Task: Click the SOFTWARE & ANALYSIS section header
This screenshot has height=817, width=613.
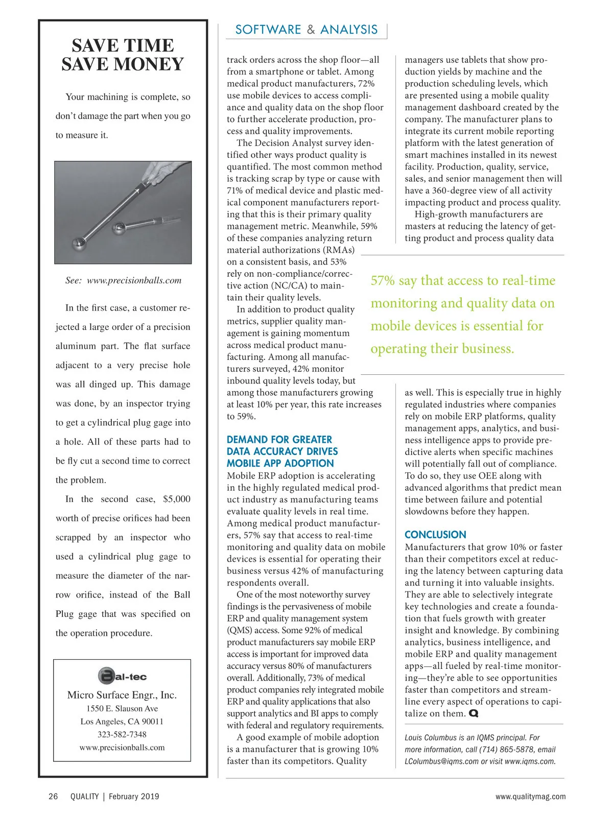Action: [x=306, y=30]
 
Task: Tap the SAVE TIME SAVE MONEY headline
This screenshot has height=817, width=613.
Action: [x=123, y=55]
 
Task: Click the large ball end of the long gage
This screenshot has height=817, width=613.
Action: [x=81, y=245]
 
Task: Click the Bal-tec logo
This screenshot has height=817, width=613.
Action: [x=122, y=676]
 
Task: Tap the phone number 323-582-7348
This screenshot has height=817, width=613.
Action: [x=122, y=734]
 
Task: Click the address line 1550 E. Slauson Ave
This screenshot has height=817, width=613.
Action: [x=122, y=709]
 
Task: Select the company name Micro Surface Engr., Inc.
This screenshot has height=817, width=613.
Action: [x=122, y=695]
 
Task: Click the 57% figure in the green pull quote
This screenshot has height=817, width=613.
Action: [x=383, y=281]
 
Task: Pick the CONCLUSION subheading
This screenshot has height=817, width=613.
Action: [x=435, y=535]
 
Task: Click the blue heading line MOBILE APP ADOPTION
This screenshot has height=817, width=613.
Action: [x=280, y=463]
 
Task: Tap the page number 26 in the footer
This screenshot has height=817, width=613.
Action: [x=53, y=797]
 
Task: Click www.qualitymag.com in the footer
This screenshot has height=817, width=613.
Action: [x=530, y=797]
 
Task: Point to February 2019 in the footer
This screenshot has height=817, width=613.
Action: [x=134, y=797]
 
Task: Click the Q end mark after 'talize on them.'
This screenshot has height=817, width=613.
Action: [x=474, y=713]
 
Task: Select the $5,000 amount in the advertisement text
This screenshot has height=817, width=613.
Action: [x=176, y=499]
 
